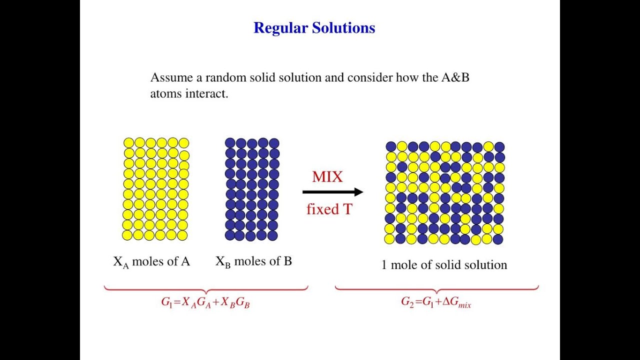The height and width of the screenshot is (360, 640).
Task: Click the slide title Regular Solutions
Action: [314, 28]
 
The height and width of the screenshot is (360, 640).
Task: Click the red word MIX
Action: [327, 177]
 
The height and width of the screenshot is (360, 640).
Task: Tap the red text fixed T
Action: [329, 209]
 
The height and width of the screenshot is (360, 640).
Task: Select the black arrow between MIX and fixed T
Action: [332, 192]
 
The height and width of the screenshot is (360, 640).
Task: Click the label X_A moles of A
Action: [151, 261]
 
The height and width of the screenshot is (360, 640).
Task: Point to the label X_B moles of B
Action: [253, 261]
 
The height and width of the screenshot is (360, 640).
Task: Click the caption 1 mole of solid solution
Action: [444, 265]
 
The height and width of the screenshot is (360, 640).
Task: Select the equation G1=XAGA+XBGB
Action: [205, 303]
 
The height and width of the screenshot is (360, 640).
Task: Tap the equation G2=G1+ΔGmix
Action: [436, 302]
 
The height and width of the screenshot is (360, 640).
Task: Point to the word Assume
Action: [168, 78]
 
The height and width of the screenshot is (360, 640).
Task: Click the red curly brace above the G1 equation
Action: [205, 289]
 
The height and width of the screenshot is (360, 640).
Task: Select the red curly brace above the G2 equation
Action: [436, 289]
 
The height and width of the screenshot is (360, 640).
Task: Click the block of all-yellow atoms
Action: [156, 189]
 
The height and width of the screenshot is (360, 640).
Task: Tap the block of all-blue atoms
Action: [252, 189]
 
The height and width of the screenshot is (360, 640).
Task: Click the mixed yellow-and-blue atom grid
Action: [444, 193]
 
